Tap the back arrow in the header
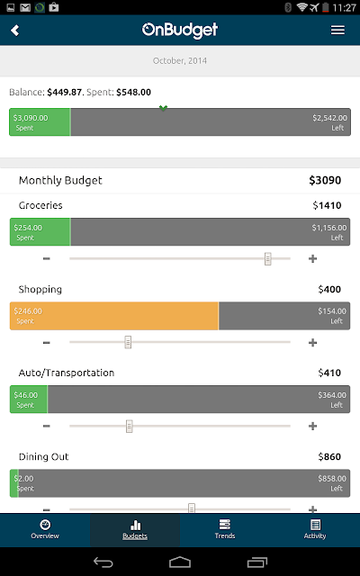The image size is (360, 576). pyautogui.click(x=14, y=30)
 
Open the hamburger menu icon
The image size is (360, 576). pyautogui.click(x=337, y=30)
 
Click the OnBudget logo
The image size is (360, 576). pyautogui.click(x=180, y=30)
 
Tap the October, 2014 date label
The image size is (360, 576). pyautogui.click(x=180, y=60)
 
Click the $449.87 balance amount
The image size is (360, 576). pyautogui.click(x=64, y=92)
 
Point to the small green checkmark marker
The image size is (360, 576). pyautogui.click(x=163, y=108)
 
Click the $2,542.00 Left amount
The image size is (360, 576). pyautogui.click(x=329, y=122)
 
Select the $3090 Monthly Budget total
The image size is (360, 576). pyautogui.click(x=325, y=180)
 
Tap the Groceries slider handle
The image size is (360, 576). pyautogui.click(x=268, y=258)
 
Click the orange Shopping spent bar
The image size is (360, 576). pyautogui.click(x=114, y=316)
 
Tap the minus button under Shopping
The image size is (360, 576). pyautogui.click(x=46, y=342)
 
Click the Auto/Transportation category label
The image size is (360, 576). pyautogui.click(x=67, y=373)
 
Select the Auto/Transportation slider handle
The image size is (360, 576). pyautogui.click(x=129, y=426)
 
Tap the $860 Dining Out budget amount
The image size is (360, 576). pyautogui.click(x=329, y=456)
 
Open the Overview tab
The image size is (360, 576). pyautogui.click(x=45, y=529)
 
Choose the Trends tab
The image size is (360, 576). pyautogui.click(x=224, y=529)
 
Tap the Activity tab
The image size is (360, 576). pyautogui.click(x=315, y=529)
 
